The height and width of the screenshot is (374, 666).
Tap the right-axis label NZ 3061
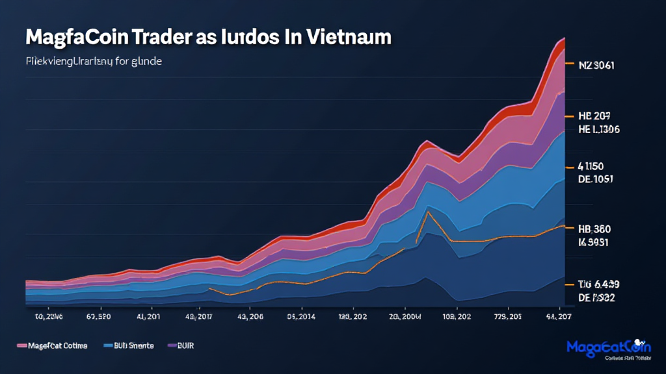[x=596, y=65]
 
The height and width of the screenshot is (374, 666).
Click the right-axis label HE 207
[x=593, y=116]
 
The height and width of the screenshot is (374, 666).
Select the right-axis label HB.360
[x=594, y=229]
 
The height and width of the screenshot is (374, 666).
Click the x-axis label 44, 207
[x=558, y=318]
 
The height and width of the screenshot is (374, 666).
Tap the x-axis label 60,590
[x=98, y=318]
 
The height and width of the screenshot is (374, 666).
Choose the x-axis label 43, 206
[x=250, y=318]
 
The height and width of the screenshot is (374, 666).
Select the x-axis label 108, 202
[x=456, y=318]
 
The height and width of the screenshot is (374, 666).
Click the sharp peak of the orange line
[x=429, y=212]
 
